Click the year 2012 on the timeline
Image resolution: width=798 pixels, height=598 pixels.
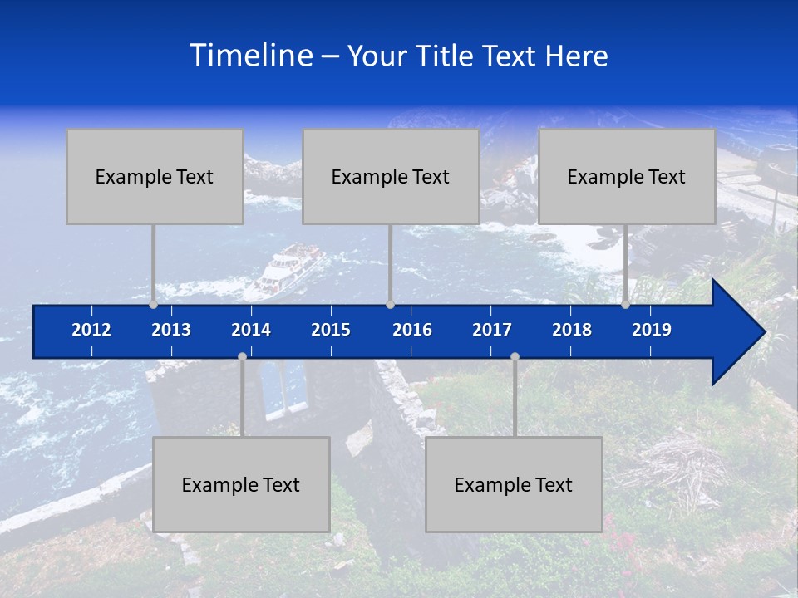click(x=91, y=330)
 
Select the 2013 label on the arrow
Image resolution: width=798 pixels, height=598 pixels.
click(x=171, y=330)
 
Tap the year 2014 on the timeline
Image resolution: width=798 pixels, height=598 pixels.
click(x=251, y=330)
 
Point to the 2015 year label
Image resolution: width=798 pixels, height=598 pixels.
click(x=331, y=330)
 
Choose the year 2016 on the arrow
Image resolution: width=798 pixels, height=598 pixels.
click(x=412, y=330)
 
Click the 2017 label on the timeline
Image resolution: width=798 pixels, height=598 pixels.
click(x=492, y=330)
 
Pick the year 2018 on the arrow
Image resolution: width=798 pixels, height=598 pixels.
click(x=572, y=330)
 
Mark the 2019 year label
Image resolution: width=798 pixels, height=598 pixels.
click(x=652, y=330)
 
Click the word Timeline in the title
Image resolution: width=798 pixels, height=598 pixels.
click(x=250, y=56)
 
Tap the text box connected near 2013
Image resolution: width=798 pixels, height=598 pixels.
click(x=155, y=177)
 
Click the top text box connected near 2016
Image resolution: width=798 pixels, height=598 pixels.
click(x=391, y=177)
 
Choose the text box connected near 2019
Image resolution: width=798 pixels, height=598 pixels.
click(x=627, y=177)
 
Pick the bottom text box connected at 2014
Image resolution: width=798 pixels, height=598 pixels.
click(x=241, y=485)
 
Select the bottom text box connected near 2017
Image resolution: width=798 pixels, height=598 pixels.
click(x=514, y=485)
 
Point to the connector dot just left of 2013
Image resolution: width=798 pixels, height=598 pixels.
click(x=154, y=305)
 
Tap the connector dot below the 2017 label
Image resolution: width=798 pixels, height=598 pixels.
click(x=515, y=357)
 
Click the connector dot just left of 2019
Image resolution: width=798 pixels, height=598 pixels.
click(x=626, y=305)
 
